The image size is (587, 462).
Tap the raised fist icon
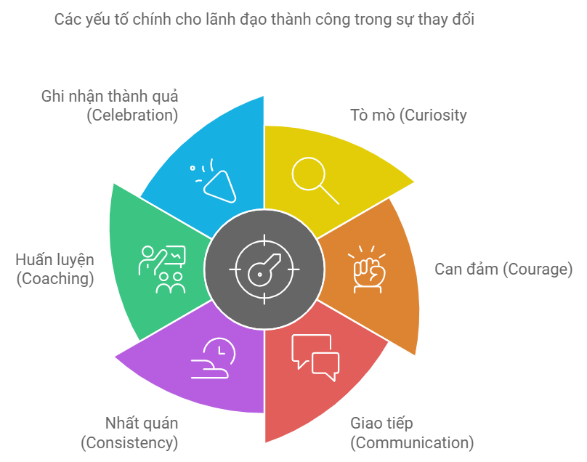[368, 269]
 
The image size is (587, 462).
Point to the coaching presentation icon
[162, 269]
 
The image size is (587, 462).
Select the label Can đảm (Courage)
[503, 269]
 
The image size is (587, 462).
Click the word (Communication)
[412, 442]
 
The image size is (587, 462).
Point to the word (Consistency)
[129, 442]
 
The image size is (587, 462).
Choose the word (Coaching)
[55, 278]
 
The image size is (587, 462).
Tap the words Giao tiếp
[381, 423]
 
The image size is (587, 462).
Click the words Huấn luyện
[55, 259]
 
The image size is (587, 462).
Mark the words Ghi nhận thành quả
[110, 96]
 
